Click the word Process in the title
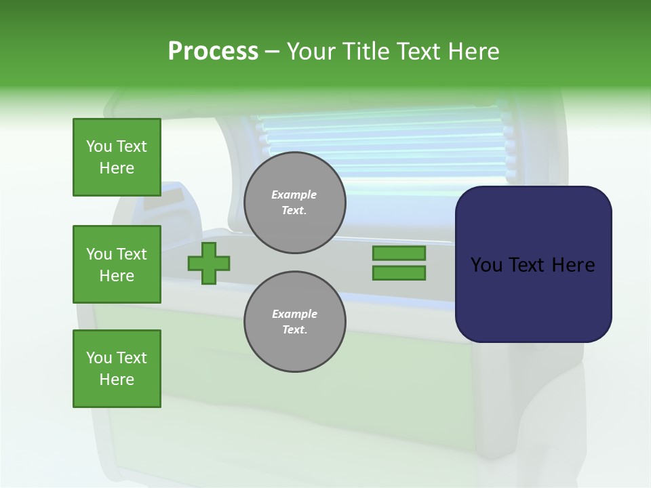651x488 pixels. (213, 52)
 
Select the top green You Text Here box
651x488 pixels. (117, 157)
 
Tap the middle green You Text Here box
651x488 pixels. (117, 264)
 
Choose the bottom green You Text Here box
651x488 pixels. (117, 369)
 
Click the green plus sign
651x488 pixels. (209, 263)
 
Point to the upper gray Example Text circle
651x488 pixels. (294, 202)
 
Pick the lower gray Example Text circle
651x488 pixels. (294, 321)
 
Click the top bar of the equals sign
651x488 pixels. (399, 253)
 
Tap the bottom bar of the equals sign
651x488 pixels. (399, 273)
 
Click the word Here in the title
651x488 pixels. (472, 52)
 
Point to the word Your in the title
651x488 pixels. (310, 52)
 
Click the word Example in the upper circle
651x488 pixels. (294, 195)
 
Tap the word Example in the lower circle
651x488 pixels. (294, 314)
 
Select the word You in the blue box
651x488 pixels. (486, 265)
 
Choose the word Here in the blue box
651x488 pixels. (574, 265)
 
